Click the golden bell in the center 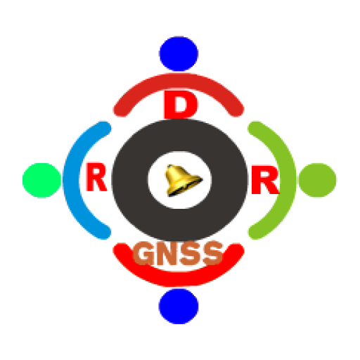[x=183, y=180]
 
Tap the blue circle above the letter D [x=179, y=53]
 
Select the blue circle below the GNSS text [x=179, y=306]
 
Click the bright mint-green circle [x=42, y=180]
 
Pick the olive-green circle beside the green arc [x=317, y=180]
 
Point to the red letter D [x=181, y=105]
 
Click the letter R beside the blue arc [x=96, y=176]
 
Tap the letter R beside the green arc [x=265, y=180]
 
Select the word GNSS [x=178, y=253]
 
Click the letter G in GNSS [x=143, y=253]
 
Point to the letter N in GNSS [x=167, y=253]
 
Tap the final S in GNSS [x=212, y=253]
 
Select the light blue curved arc [x=72, y=180]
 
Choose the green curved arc [x=288, y=180]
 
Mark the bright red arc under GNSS [x=179, y=279]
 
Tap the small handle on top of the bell [x=170, y=167]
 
